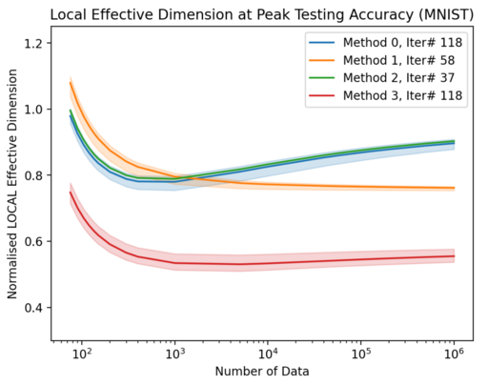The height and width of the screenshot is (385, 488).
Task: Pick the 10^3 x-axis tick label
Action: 174,353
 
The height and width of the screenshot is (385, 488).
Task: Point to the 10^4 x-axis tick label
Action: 268,353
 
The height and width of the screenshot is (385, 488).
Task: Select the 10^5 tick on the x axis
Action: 361,353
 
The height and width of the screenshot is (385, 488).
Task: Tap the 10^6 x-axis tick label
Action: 454,353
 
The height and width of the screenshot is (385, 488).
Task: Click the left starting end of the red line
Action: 71,192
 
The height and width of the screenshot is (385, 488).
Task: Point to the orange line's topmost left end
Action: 71,83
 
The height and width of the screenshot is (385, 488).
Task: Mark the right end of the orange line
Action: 454,188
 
